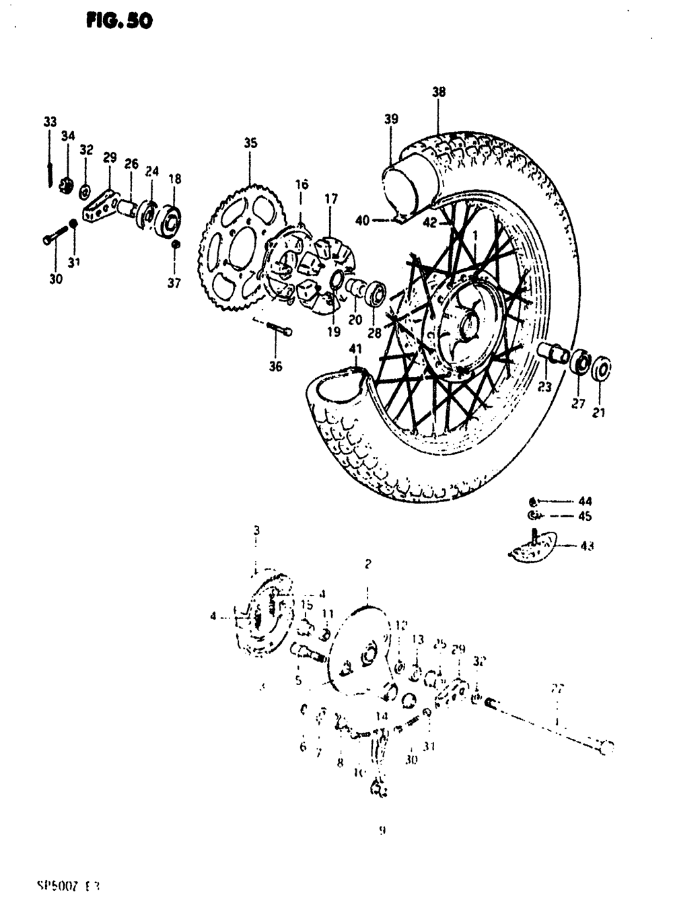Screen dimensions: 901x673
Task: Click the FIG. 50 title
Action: (119, 22)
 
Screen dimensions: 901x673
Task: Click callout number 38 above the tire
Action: (439, 93)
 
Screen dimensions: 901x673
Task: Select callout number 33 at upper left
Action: (50, 122)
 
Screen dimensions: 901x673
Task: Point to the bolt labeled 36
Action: (279, 330)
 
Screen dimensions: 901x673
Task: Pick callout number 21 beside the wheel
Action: (598, 412)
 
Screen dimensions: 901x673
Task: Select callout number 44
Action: (586, 501)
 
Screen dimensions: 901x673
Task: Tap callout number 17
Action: (330, 199)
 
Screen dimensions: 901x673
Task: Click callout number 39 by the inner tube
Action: (391, 119)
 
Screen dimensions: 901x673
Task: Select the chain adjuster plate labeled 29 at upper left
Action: (100, 206)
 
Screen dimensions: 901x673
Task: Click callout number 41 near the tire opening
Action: (356, 349)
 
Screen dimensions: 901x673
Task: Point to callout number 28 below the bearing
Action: (374, 332)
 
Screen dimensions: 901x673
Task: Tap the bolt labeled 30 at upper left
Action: (55, 236)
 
